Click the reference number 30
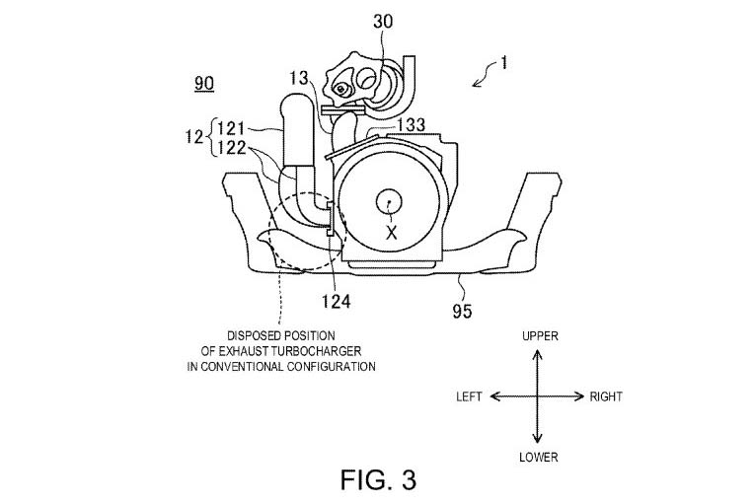pos(383,21)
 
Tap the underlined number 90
pos(204,83)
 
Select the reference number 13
pos(299,78)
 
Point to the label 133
pos(412,124)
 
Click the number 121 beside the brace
pos(232,129)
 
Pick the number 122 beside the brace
pos(232,148)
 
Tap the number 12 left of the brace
pos(194,138)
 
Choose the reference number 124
pos(337,302)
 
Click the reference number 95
pos(462,312)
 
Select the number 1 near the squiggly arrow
pos(503,63)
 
